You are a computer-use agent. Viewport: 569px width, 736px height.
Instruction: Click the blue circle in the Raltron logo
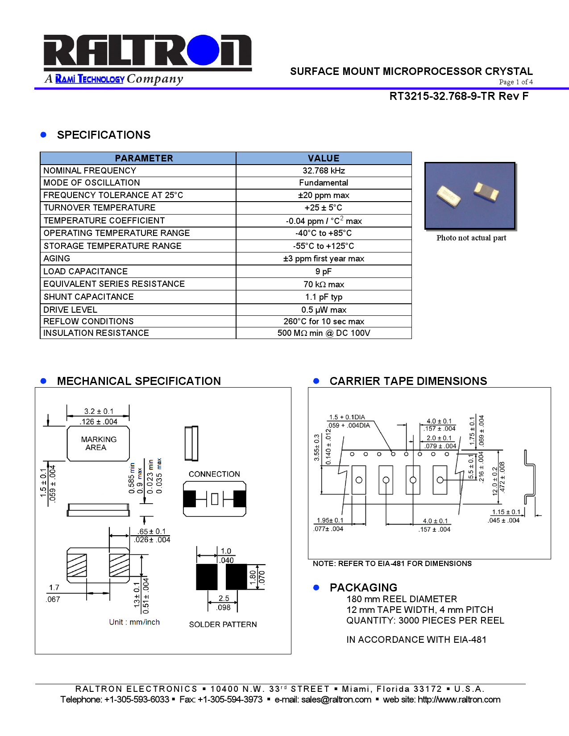pyautogui.click(x=204, y=50)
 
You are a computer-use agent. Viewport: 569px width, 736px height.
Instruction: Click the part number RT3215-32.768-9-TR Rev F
pyautogui.click(x=458, y=96)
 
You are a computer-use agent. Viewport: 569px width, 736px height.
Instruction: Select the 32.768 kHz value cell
pyautogui.click(x=324, y=171)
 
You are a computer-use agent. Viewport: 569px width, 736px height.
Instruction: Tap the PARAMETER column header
pyautogui.click(x=144, y=158)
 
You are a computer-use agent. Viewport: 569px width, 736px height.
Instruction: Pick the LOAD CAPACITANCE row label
pyautogui.click(x=86, y=272)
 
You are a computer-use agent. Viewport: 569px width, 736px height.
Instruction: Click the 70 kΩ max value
pyautogui.click(x=324, y=285)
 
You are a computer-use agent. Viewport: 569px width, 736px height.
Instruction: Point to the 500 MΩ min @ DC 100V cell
pyautogui.click(x=324, y=333)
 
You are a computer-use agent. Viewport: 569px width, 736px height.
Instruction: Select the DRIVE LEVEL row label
pyautogui.click(x=70, y=310)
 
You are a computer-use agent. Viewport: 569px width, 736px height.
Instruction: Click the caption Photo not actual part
pyautogui.click(x=471, y=238)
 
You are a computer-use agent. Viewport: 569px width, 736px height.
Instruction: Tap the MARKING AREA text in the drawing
pyautogui.click(x=99, y=443)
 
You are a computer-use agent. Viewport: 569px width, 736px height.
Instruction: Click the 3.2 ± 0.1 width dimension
pyautogui.click(x=99, y=411)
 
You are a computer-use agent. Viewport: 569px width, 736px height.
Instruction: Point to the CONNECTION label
pyautogui.click(x=214, y=474)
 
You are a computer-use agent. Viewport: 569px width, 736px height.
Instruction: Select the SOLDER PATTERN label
pyautogui.click(x=223, y=624)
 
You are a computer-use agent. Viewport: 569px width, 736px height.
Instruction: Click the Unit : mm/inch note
pyautogui.click(x=134, y=622)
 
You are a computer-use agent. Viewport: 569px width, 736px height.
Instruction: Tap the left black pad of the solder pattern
pyautogui.click(x=207, y=577)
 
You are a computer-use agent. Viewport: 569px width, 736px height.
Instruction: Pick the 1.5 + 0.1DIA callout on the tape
pyautogui.click(x=347, y=418)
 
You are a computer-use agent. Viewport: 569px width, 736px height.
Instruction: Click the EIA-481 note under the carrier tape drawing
pyautogui.click(x=392, y=564)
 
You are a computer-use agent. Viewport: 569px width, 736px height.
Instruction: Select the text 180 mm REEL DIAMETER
pyautogui.click(x=402, y=599)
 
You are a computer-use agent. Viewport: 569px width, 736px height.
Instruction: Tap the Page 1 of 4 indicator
pyautogui.click(x=515, y=82)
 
